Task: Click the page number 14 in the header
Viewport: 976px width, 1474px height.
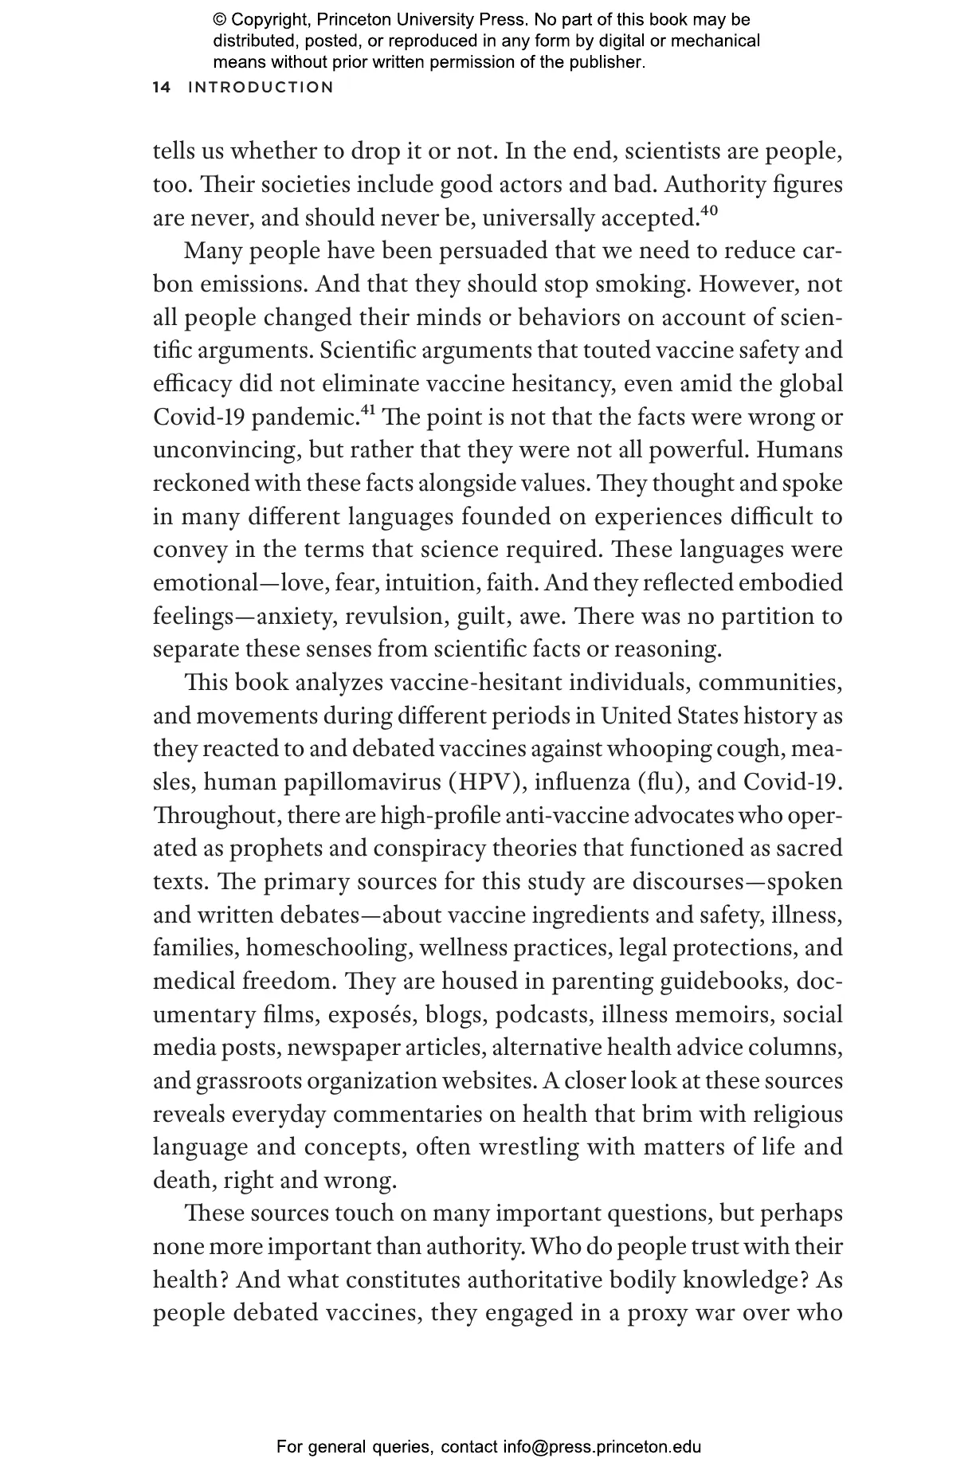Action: tap(162, 88)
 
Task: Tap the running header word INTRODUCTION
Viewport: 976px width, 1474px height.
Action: tap(261, 88)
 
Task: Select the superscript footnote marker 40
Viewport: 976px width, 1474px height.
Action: tap(708, 211)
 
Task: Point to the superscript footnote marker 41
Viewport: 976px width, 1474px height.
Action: tap(368, 410)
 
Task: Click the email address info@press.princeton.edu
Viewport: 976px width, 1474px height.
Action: tap(602, 1447)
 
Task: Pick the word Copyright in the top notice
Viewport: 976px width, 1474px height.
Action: tap(268, 20)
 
